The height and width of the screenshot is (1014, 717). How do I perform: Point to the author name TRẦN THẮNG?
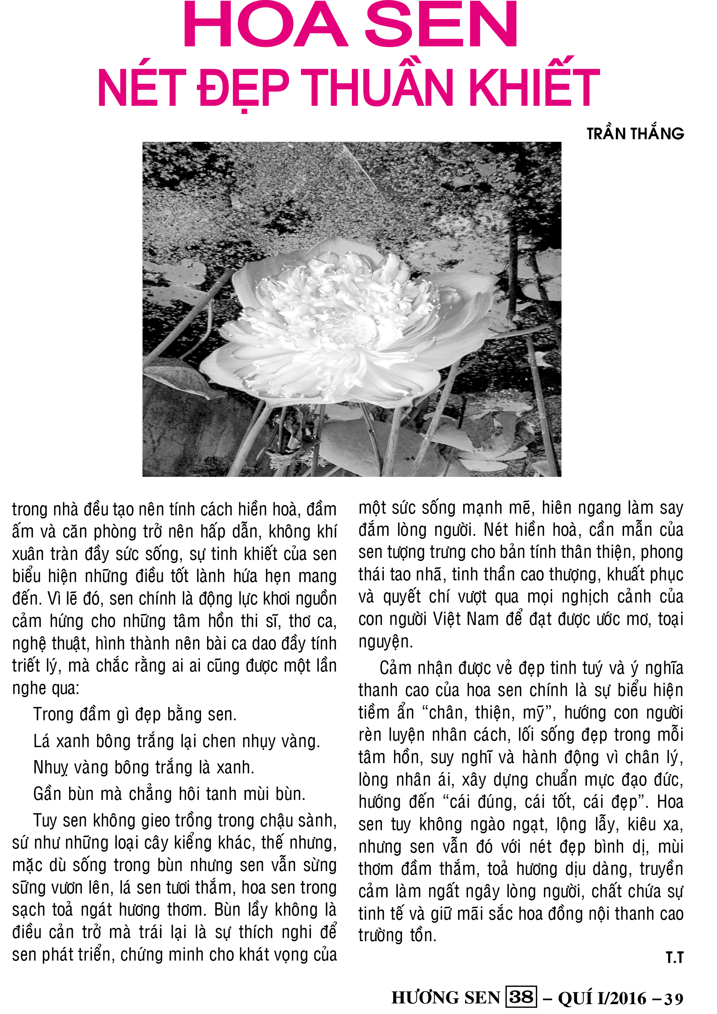tap(635, 134)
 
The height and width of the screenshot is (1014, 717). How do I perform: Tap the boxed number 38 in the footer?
tap(521, 997)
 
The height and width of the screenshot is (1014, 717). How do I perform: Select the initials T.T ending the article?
tap(674, 957)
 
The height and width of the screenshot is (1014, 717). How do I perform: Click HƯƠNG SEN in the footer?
tap(446, 998)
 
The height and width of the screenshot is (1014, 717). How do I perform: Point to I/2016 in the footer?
tap(621, 998)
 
